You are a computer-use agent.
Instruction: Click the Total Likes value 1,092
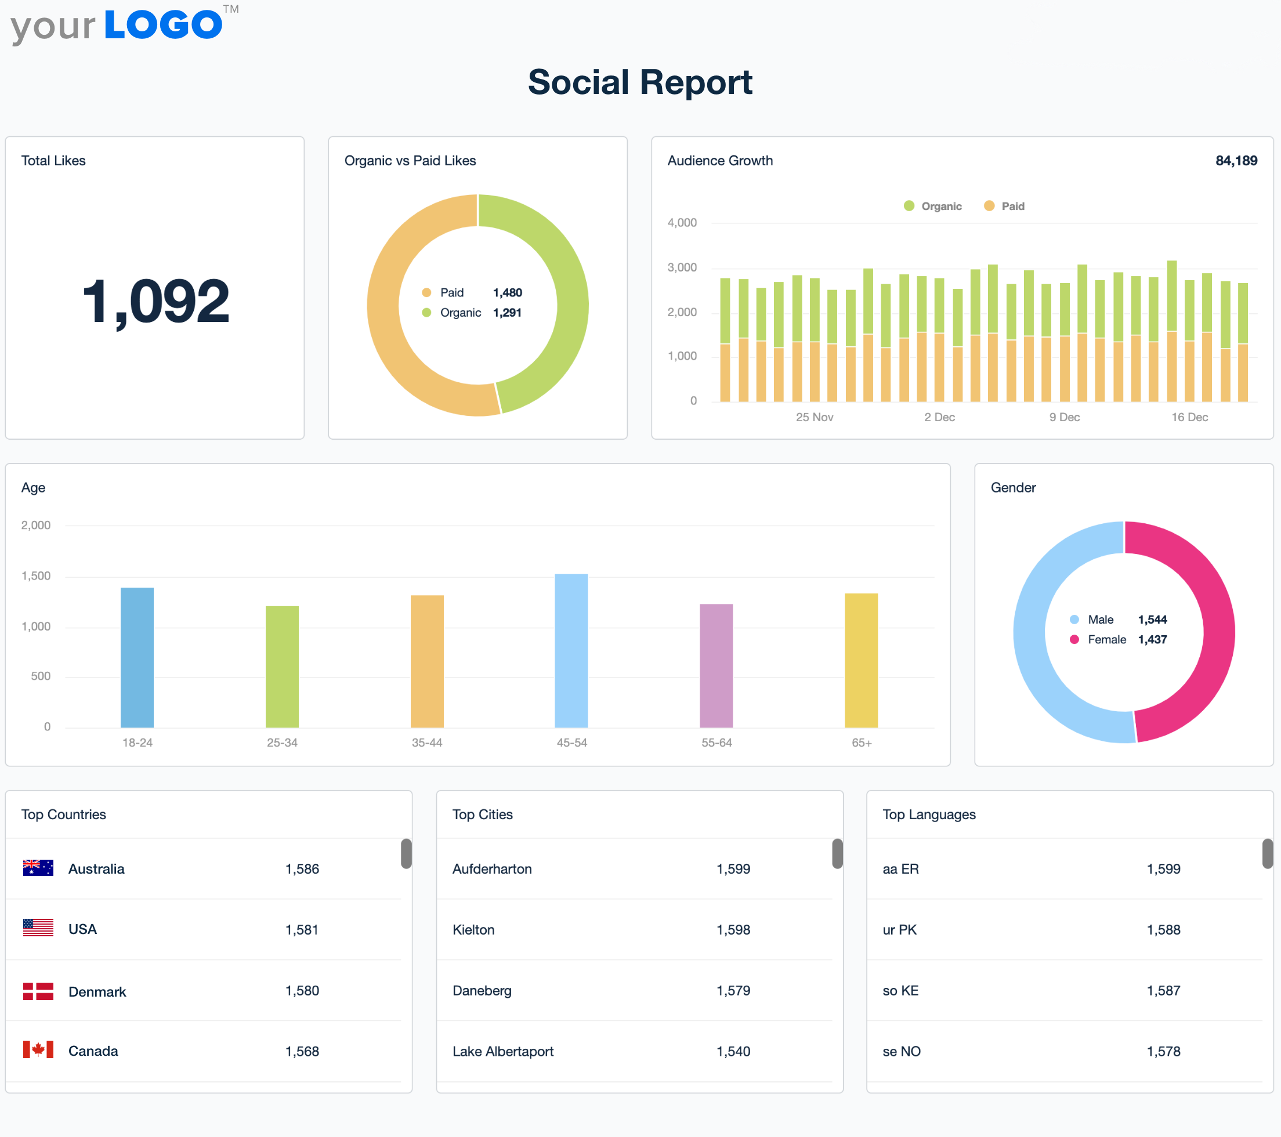[155, 302]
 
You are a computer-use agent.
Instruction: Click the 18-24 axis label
[137, 743]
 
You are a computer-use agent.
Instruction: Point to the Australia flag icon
[38, 868]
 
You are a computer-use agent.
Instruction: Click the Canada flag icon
[38, 1050]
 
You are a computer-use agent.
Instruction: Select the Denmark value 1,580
[302, 990]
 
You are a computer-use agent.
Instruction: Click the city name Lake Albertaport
[502, 1051]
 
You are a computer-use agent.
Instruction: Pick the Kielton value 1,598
[733, 929]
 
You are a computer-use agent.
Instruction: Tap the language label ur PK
[899, 929]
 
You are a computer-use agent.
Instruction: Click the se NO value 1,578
[1163, 1051]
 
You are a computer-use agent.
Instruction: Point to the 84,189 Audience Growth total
[1236, 161]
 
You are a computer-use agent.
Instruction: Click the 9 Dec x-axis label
[1064, 417]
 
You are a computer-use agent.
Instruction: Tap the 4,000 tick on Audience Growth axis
[682, 223]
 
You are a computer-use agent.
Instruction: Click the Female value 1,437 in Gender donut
[1152, 639]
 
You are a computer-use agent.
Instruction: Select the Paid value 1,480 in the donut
[507, 293]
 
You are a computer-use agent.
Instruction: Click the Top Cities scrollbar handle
[837, 854]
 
